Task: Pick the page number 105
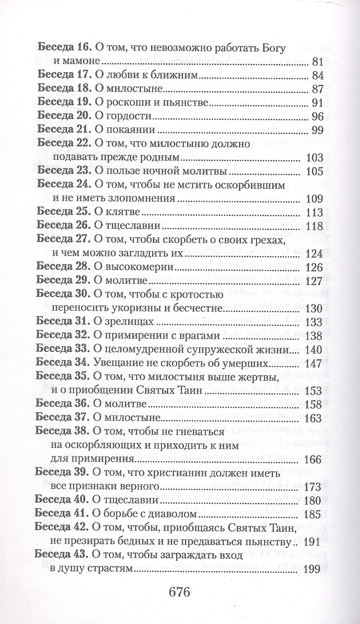[x=314, y=171]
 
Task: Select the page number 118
[x=314, y=226]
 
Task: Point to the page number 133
[x=314, y=321]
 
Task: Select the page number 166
[x=314, y=459]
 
